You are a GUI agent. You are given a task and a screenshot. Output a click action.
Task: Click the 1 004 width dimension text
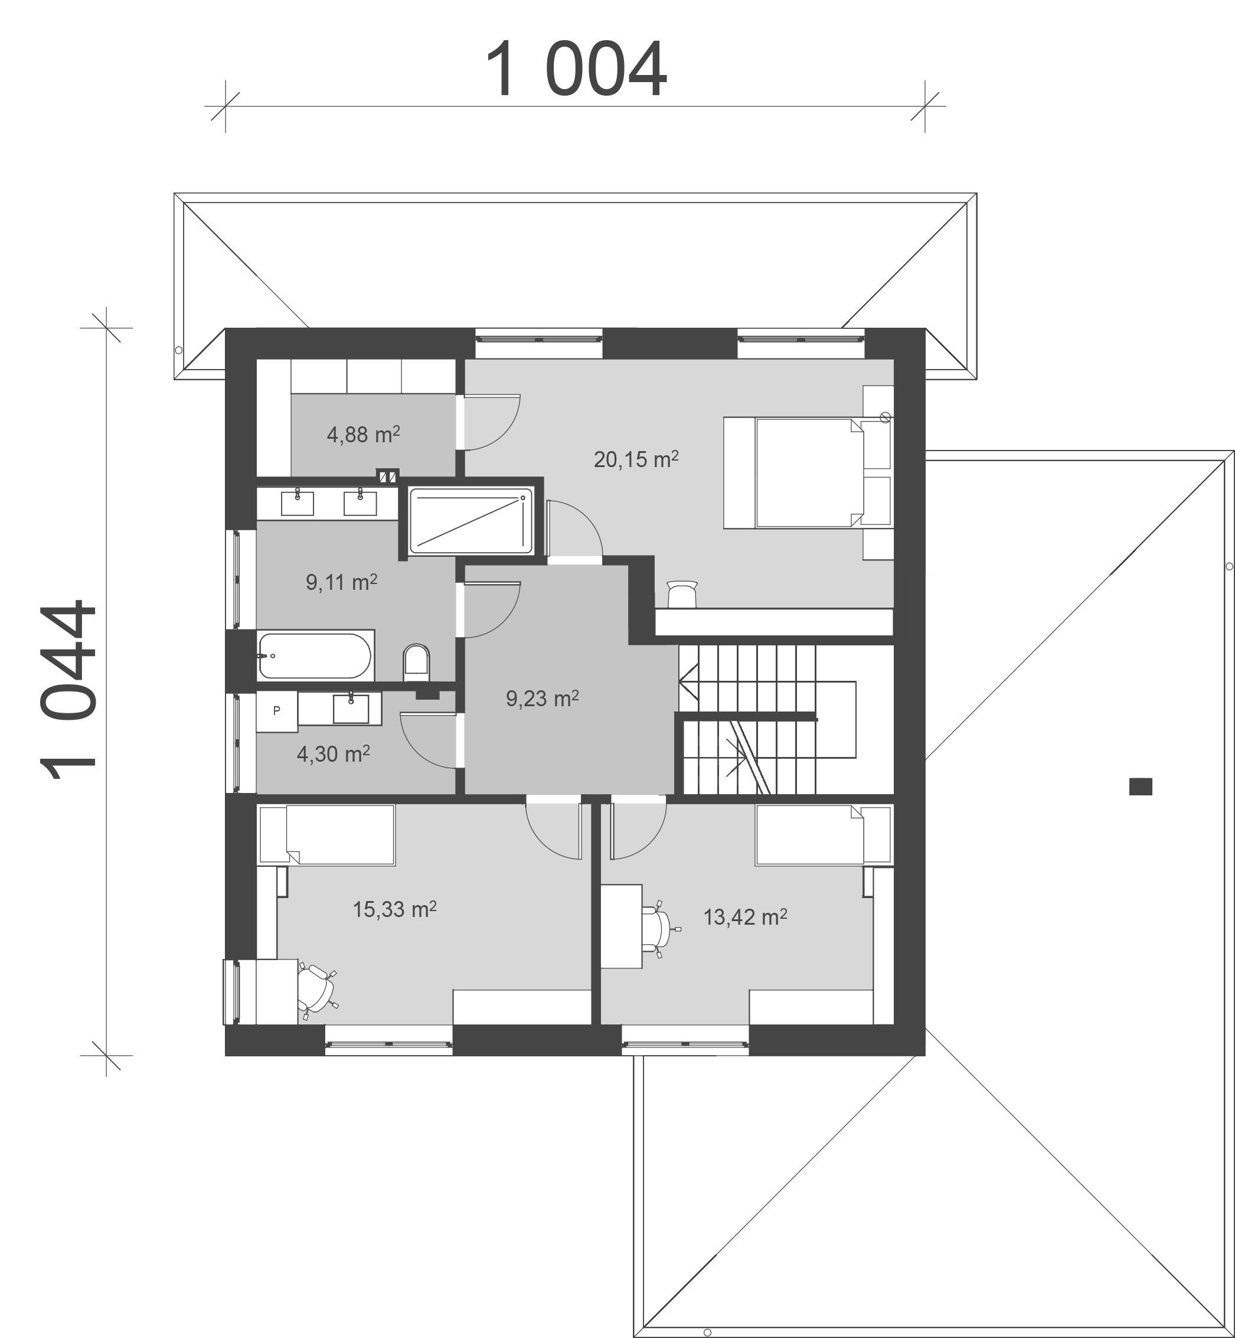pos(576,69)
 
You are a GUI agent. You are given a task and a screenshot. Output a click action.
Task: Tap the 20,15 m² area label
pos(636,459)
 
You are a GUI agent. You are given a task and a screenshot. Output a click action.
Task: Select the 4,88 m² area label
pos(364,435)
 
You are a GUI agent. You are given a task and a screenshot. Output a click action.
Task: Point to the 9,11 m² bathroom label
pos(341,582)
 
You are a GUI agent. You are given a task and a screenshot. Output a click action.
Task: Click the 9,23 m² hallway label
pos(542,699)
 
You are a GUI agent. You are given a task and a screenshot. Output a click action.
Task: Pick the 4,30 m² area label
pos(334,754)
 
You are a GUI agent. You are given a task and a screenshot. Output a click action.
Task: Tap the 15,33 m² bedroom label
pos(394,909)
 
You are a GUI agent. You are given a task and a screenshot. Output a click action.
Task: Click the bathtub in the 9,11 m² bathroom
pos(315,655)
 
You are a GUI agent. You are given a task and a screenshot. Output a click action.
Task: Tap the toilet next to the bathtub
pos(416,663)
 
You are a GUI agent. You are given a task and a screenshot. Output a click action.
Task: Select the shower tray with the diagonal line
pos(471,521)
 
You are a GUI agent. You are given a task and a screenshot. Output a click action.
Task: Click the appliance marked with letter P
pos(277,711)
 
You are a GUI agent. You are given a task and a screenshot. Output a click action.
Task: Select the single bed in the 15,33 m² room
pos(327,836)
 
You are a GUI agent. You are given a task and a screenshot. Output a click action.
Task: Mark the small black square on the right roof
pos(1141,787)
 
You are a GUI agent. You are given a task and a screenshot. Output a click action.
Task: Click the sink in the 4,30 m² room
pos(350,709)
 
